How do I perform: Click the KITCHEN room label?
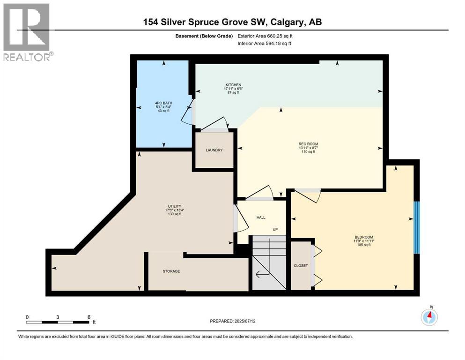click(x=232, y=85)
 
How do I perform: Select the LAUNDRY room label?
click(x=214, y=150)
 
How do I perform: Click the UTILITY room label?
click(x=174, y=205)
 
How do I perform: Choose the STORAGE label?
click(x=171, y=271)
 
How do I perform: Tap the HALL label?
click(x=261, y=217)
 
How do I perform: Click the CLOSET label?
click(x=301, y=266)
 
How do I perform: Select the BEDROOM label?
click(x=364, y=237)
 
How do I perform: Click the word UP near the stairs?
click(x=276, y=229)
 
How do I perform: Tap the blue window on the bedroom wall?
click(x=416, y=227)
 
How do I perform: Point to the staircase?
click(x=269, y=262)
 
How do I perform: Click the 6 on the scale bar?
click(x=89, y=317)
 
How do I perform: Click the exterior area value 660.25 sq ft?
click(x=279, y=36)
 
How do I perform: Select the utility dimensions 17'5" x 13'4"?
click(x=174, y=210)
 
